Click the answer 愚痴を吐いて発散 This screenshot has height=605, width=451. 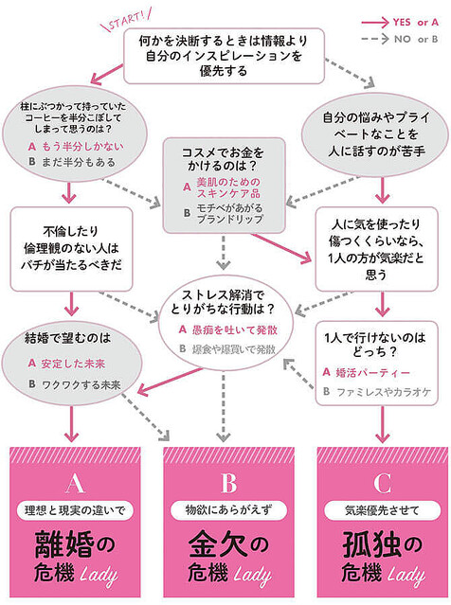[230, 329]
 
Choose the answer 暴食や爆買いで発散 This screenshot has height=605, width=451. [230, 349]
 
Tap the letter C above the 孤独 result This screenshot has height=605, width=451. [382, 483]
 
